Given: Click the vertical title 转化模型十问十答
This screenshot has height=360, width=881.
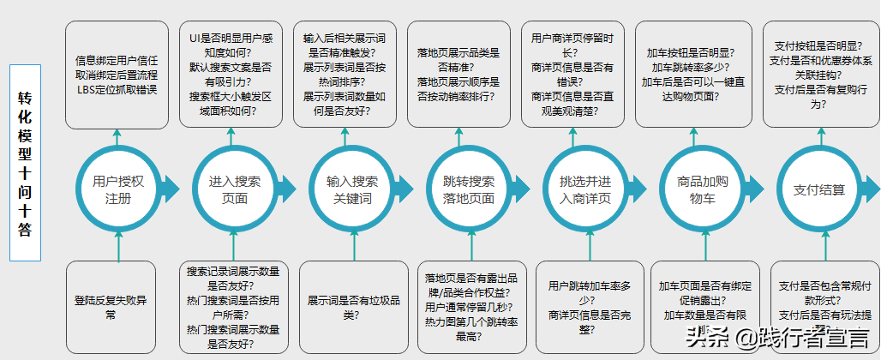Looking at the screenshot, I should tap(25, 162).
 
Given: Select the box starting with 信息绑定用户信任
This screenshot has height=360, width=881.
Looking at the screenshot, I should tap(117, 75).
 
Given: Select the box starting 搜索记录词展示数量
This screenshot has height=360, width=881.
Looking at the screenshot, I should tap(233, 308).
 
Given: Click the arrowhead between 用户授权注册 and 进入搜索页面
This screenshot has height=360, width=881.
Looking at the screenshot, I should tap(169, 189).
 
